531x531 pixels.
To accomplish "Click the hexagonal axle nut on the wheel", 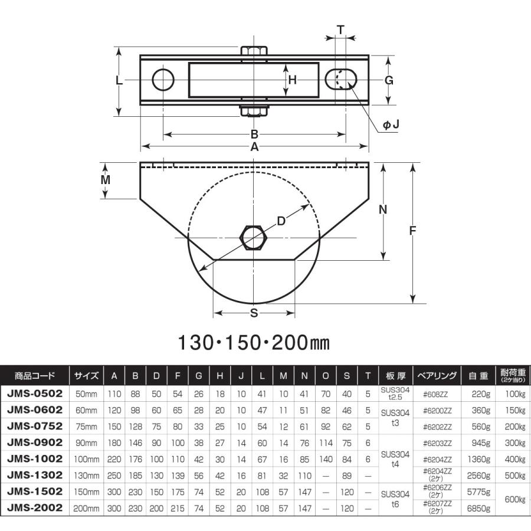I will [255, 238].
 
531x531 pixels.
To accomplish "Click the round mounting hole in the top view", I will [163, 80].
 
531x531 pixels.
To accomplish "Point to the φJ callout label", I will [391, 124].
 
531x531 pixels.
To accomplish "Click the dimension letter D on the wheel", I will [281, 221].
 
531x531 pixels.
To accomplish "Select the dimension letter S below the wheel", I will [254, 313].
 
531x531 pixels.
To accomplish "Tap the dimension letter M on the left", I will [105, 179].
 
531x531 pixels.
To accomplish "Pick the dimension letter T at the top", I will [340, 29].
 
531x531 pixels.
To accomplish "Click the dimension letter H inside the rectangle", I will [291, 80].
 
